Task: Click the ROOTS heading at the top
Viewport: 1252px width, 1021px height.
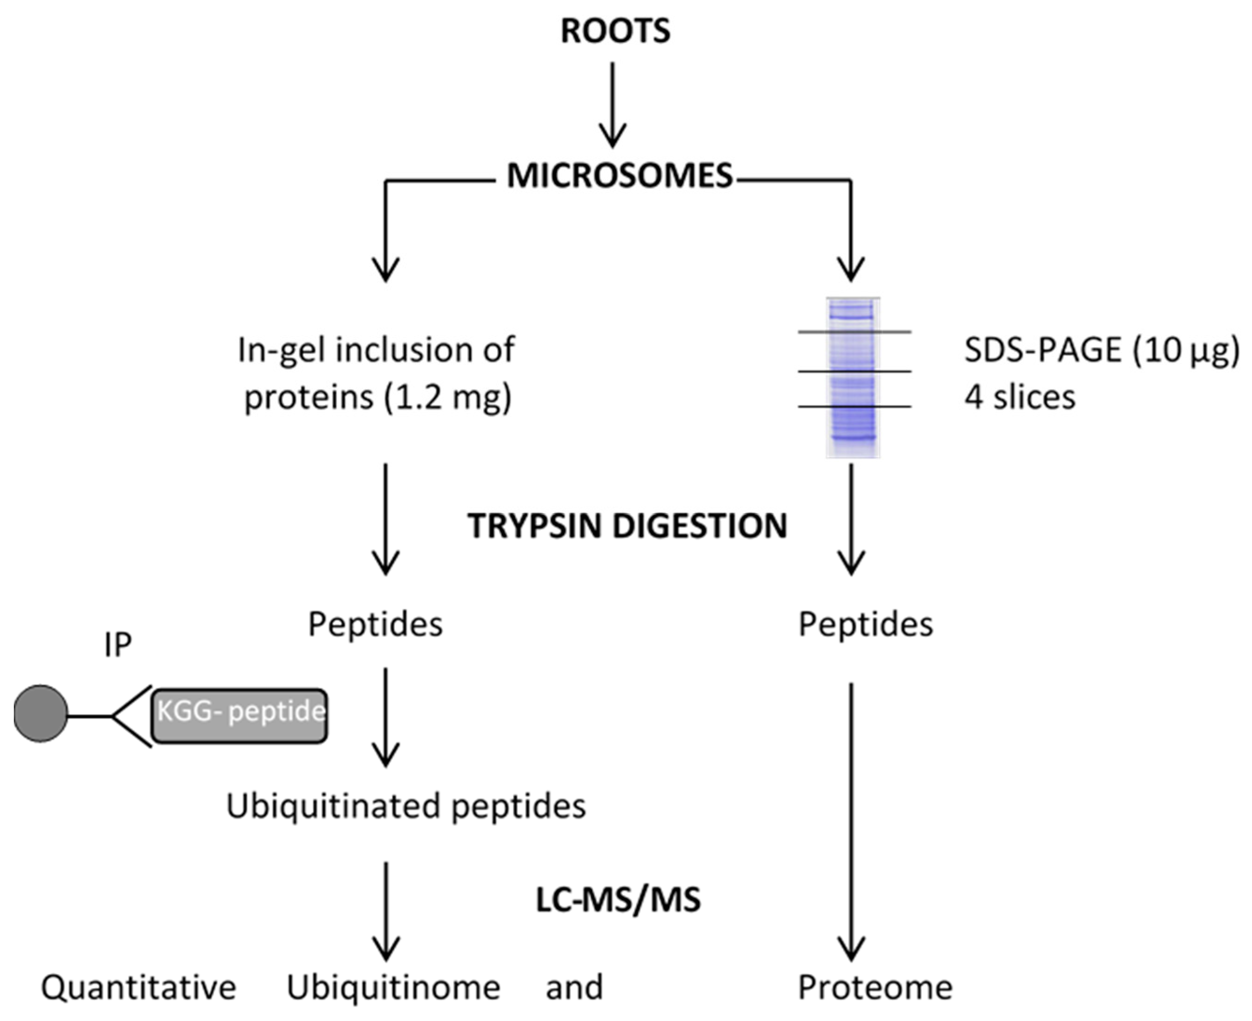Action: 615,31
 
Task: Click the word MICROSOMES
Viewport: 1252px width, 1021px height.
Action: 619,175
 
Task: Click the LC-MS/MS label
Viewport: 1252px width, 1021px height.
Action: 619,900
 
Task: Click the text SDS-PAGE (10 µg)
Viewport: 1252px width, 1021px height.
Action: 1101,351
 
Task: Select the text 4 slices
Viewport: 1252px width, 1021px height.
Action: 1019,397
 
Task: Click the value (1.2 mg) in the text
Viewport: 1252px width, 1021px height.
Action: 448,397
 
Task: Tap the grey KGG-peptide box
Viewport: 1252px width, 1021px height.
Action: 240,715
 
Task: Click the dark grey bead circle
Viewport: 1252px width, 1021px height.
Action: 40,713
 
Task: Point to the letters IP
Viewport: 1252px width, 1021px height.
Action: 118,645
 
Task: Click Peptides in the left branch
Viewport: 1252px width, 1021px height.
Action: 375,624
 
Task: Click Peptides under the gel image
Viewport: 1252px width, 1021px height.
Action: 865,624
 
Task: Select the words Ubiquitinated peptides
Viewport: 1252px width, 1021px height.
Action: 405,806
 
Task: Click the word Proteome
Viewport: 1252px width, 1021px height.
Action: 875,987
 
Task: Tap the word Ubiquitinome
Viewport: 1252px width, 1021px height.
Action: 393,987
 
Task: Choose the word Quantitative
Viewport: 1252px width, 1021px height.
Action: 138,987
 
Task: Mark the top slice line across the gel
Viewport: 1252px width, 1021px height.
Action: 854,332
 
